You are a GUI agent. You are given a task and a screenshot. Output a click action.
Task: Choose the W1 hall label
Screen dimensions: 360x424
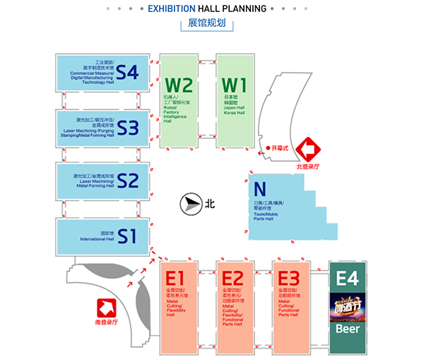234,86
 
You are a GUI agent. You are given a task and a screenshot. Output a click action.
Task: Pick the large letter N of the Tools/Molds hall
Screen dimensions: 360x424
260,190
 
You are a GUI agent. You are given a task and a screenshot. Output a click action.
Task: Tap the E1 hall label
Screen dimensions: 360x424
175,278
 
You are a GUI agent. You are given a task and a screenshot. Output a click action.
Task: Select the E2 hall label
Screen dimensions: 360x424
232,278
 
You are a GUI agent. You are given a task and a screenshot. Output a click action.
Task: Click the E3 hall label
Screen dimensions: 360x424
288,278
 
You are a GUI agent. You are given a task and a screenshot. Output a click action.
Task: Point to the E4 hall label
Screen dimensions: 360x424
348,279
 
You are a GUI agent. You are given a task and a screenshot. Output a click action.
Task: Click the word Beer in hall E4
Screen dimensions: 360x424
348,329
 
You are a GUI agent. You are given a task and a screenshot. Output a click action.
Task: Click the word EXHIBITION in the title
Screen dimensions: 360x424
173,9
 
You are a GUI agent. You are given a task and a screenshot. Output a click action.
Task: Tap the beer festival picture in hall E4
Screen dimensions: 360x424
348,308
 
